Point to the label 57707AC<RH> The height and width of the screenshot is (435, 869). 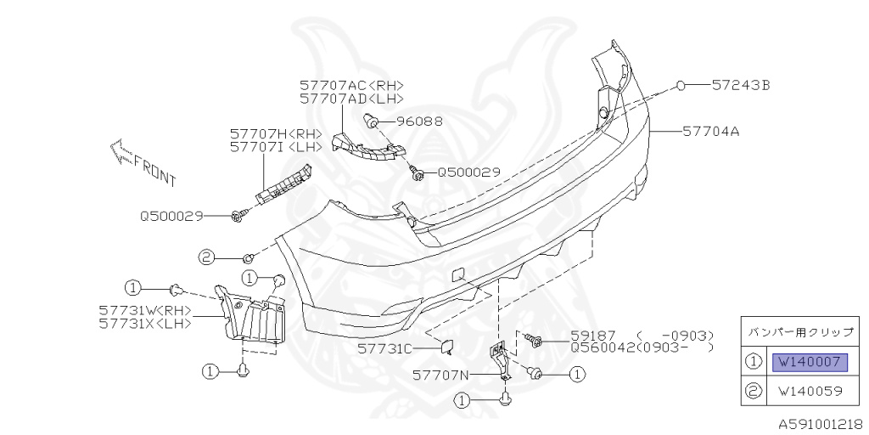[351, 85]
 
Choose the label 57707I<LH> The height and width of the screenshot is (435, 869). [276, 147]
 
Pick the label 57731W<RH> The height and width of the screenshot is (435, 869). [145, 310]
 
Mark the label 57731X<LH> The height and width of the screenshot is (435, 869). [145, 323]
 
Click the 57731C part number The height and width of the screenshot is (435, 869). [384, 348]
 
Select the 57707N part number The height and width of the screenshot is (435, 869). [440, 374]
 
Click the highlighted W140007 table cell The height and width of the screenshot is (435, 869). [809, 363]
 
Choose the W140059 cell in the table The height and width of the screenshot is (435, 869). [809, 393]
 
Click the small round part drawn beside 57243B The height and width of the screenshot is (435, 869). [681, 85]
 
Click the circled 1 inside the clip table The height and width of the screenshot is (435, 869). [754, 363]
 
